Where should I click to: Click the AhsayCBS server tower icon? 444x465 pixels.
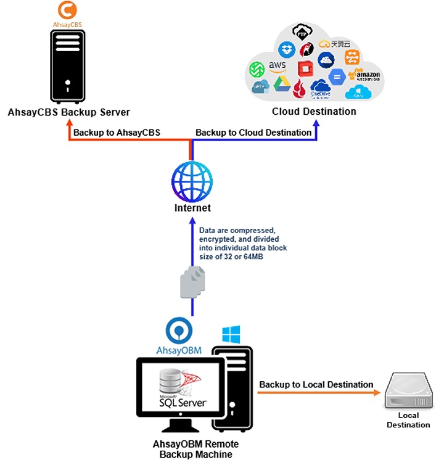[67, 68]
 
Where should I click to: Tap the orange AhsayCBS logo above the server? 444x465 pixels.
[67, 12]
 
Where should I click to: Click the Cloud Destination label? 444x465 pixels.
[314, 112]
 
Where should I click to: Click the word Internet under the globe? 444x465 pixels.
[192, 208]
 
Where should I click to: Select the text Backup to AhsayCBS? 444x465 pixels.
[117, 133]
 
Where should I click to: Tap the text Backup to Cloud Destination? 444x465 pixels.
[253, 133]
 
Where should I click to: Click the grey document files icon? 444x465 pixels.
[192, 283]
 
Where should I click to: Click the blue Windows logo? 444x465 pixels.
[231, 335]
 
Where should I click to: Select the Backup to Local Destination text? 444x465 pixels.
[316, 385]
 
